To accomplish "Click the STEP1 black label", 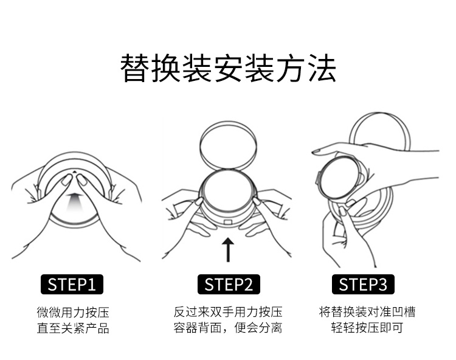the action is click(72, 284).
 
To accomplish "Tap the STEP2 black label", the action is click(228, 284).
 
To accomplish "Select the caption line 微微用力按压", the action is click(72, 313).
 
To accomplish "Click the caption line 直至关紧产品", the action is click(72, 329).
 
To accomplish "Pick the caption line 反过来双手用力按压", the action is click(228, 313).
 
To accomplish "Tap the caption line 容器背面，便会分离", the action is click(228, 329).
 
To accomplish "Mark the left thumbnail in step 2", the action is click(199, 201).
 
